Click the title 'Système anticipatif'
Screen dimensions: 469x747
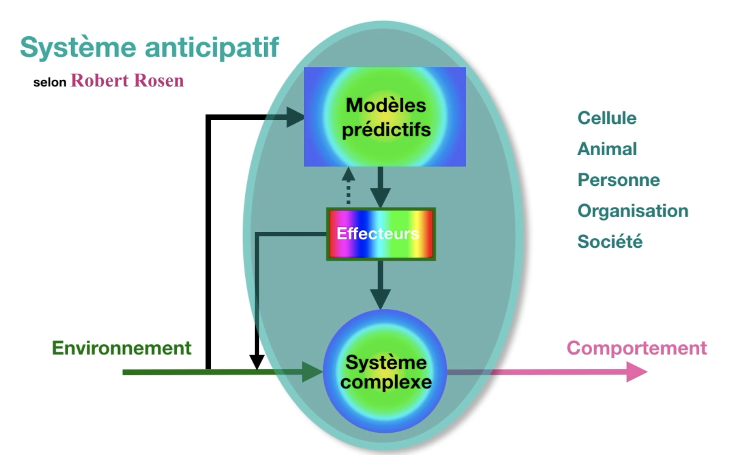[149, 47]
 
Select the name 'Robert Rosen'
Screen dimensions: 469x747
[127, 81]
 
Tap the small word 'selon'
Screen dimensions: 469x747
[50, 83]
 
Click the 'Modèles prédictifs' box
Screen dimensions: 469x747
[385, 117]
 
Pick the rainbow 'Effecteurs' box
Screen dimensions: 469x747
[381, 234]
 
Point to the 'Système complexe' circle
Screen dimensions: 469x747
[385, 372]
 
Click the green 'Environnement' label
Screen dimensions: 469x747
[121, 348]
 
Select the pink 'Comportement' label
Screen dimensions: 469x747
[636, 348]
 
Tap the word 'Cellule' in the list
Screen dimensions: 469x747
[607, 118]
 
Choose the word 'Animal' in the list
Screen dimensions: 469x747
[607, 149]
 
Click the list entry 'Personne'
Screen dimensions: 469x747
[618, 180]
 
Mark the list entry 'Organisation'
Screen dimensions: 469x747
[633, 211]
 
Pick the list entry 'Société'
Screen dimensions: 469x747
[610, 241]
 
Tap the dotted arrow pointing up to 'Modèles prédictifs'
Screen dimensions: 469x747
[348, 186]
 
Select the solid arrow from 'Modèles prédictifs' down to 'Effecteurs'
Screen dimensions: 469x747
[380, 188]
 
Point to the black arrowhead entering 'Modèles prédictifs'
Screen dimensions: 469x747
[295, 117]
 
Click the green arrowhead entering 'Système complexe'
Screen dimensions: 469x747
[312, 372]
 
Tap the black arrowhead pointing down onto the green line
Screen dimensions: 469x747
[256, 362]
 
